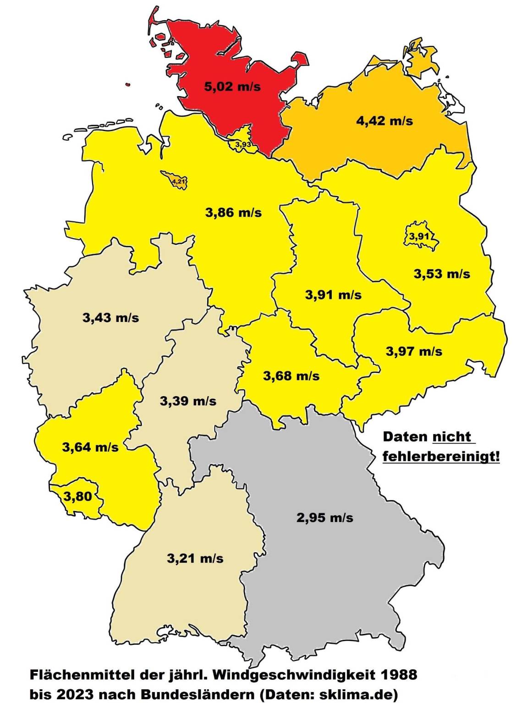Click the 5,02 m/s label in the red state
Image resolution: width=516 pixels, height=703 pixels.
(232, 86)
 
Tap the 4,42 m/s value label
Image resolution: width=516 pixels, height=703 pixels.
(384, 121)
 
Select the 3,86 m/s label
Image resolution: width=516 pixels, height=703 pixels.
(234, 213)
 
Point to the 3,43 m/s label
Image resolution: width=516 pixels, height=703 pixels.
(110, 317)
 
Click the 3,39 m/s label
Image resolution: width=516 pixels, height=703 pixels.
(188, 401)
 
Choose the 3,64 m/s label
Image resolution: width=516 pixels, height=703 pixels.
(90, 447)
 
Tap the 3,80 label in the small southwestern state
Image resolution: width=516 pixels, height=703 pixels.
(77, 496)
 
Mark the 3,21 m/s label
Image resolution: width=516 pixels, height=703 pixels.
(195, 558)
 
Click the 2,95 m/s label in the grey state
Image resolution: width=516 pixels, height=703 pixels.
(325, 518)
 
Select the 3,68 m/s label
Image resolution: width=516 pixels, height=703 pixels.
(291, 376)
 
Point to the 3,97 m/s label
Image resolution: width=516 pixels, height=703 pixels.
(414, 351)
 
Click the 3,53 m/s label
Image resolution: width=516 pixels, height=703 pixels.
(442, 274)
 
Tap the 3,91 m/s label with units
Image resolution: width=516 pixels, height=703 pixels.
(333, 295)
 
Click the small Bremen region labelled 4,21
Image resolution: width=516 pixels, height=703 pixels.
(178, 181)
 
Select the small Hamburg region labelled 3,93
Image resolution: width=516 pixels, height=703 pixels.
(243, 143)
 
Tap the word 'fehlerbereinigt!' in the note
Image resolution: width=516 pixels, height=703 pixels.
(441, 456)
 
